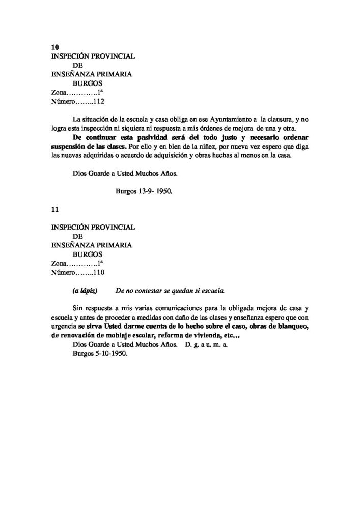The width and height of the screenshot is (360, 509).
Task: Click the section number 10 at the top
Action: pos(56,47)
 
